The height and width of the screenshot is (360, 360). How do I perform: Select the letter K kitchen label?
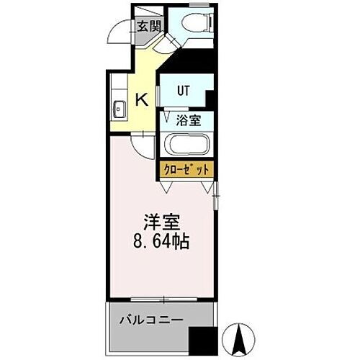(142, 99)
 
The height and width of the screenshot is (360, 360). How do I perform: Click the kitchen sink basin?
(120, 109)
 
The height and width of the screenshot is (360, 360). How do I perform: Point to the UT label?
(185, 91)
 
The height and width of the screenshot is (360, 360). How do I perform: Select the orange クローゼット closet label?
(187, 170)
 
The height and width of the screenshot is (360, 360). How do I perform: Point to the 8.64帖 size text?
(161, 242)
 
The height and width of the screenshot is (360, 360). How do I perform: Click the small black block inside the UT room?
(210, 98)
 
